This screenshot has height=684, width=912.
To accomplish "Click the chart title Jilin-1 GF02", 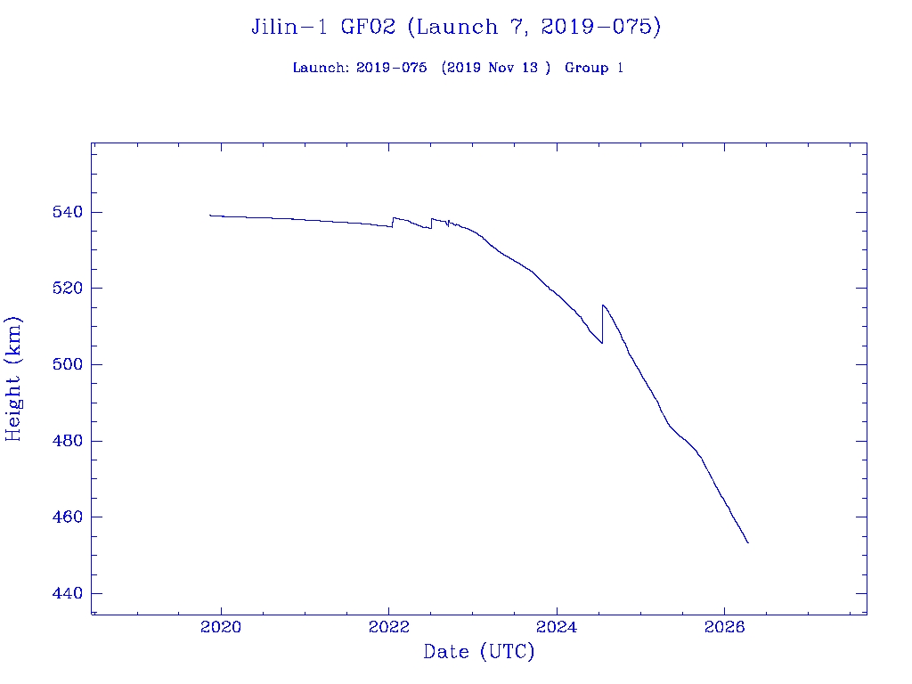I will click(x=325, y=27).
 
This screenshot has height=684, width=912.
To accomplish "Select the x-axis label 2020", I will click(x=221, y=627).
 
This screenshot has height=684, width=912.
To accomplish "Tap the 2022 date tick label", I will click(x=388, y=627).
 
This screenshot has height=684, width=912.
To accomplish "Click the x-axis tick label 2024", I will click(x=556, y=627).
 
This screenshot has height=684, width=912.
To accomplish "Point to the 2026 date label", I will click(x=724, y=627).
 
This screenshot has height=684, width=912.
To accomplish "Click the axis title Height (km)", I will click(x=13, y=379).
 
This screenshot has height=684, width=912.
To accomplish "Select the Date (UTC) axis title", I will click(x=479, y=652).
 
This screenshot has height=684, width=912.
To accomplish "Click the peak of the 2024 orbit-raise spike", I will click(x=603, y=305).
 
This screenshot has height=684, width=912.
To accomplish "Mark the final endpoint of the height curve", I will click(x=748, y=542).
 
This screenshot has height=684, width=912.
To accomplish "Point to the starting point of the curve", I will click(x=210, y=215).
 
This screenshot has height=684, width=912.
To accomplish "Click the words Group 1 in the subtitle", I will click(x=593, y=68).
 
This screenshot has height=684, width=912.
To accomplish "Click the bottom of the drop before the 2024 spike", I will click(x=602, y=343).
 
